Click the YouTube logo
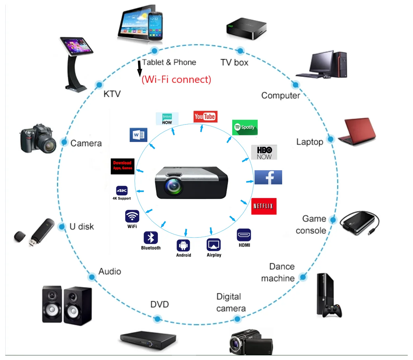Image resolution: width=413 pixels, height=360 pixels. (x=205, y=117)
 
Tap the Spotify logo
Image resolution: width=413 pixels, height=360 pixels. (x=245, y=127)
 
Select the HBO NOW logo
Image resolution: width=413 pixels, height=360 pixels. (x=264, y=152)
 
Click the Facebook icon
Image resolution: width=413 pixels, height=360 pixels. (x=268, y=177)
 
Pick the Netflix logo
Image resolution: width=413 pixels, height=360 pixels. (x=264, y=206)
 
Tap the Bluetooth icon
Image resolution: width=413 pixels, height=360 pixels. (x=151, y=238)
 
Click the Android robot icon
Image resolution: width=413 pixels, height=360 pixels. (x=183, y=245)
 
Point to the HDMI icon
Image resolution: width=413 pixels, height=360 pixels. (x=244, y=235)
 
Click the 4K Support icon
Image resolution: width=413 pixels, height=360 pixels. (x=122, y=191)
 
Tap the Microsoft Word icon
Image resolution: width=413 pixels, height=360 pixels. (x=138, y=135)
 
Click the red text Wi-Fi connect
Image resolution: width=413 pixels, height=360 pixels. (x=176, y=79)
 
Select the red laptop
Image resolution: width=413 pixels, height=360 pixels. (x=357, y=131)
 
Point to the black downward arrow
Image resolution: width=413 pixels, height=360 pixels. (x=139, y=69)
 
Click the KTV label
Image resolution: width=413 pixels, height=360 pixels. (x=112, y=94)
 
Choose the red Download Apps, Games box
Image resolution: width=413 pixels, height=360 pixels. (x=123, y=166)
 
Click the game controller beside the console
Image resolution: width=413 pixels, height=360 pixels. (x=332, y=310)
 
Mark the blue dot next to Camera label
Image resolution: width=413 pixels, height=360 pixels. (x=64, y=142)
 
